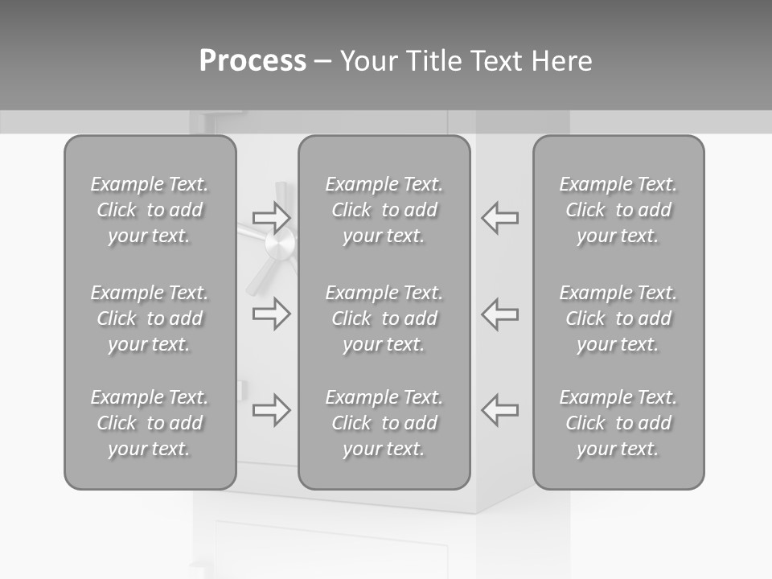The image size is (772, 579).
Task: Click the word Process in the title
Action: tap(253, 61)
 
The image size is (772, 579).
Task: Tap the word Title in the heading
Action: tap(431, 61)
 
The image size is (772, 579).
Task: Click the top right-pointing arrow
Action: tap(271, 217)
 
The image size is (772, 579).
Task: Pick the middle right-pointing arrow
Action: tap(271, 314)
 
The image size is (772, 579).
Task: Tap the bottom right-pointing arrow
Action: tap(271, 410)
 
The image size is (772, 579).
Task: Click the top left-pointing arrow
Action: tap(499, 217)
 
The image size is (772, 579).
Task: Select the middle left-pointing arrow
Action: tap(499, 314)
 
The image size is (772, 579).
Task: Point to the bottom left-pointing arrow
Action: tap(499, 410)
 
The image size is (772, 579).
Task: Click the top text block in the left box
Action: tap(150, 210)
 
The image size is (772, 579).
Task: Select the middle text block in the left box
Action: tap(150, 318)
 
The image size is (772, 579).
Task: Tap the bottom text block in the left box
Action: tap(150, 423)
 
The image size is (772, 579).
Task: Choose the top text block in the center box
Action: tap(384, 210)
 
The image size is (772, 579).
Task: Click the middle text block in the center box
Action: tap(384, 318)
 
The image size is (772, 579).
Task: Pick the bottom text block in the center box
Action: tap(384, 423)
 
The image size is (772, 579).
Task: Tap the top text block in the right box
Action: tap(618, 210)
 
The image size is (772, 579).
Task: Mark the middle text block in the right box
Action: tap(618, 318)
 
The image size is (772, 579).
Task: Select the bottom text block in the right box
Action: tap(618, 423)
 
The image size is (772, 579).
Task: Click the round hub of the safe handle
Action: tap(279, 240)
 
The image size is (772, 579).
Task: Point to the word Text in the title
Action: tap(495, 61)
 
